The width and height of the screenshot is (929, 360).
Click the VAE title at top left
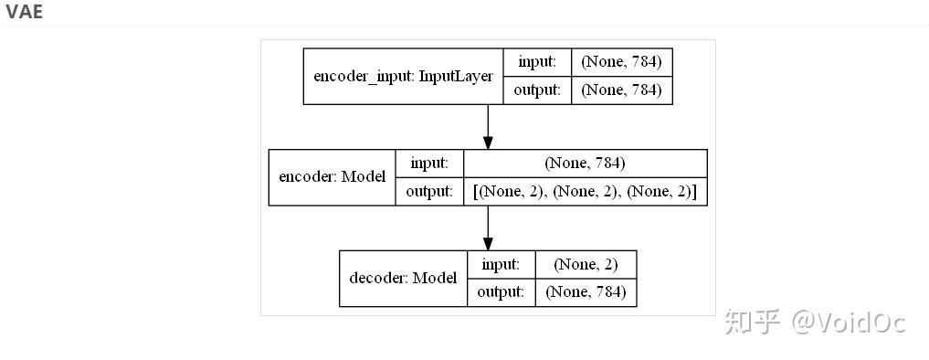click(24, 12)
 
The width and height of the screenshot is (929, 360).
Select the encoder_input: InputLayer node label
click(403, 76)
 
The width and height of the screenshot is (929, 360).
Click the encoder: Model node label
click(332, 176)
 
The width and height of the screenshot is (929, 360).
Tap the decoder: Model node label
click(403, 278)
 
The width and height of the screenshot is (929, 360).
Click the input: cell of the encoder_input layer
click(537, 62)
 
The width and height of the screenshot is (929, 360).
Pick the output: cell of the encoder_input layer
click(537, 90)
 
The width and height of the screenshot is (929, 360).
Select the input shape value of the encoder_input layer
click(621, 62)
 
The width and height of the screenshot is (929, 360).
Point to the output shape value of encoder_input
click(621, 90)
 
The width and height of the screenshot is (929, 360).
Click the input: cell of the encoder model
click(429, 163)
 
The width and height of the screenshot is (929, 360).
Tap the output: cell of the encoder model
click(429, 191)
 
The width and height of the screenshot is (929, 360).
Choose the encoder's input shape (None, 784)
click(585, 163)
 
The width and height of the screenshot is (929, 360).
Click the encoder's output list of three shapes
click(585, 191)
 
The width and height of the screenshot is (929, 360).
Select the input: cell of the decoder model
click(501, 264)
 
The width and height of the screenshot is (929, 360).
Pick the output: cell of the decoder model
click(501, 292)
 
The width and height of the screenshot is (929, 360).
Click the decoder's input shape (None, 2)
click(586, 264)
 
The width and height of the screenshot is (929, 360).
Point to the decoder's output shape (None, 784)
click(586, 292)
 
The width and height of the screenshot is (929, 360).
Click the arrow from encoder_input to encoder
click(488, 126)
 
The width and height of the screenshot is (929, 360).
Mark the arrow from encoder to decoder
click(488, 228)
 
